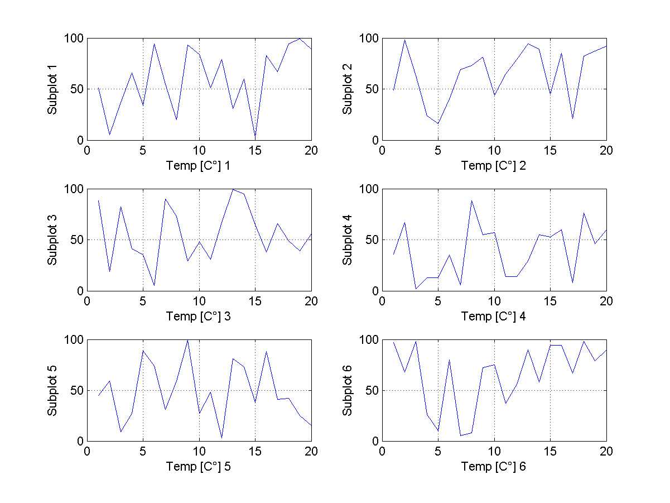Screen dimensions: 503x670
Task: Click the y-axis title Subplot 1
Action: coord(52,89)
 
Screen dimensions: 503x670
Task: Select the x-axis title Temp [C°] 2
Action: coord(493,166)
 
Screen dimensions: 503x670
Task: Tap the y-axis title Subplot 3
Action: coord(52,240)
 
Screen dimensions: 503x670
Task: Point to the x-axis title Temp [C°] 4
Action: coord(493,317)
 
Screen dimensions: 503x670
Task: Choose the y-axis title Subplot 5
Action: coord(52,391)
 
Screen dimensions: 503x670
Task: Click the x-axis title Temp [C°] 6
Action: coord(493,467)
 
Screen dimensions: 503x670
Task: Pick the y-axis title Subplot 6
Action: coord(348,391)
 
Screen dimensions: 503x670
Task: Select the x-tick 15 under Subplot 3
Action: coord(255,301)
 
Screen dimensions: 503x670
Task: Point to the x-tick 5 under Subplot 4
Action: coord(438,301)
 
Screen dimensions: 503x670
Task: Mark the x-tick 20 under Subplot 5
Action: coord(311,452)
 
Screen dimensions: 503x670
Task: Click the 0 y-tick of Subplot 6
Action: coord(374,441)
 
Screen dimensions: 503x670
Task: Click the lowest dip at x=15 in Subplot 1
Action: coord(255,138)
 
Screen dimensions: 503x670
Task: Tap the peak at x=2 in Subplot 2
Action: coord(404,40)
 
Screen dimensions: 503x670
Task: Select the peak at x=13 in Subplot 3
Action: coord(233,189)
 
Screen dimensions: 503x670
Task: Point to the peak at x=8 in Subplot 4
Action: coord(471,201)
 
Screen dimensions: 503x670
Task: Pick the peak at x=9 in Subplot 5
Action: coord(188,340)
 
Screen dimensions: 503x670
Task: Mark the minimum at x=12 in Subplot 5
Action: coord(221,438)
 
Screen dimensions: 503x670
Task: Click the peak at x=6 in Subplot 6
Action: coord(449,360)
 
